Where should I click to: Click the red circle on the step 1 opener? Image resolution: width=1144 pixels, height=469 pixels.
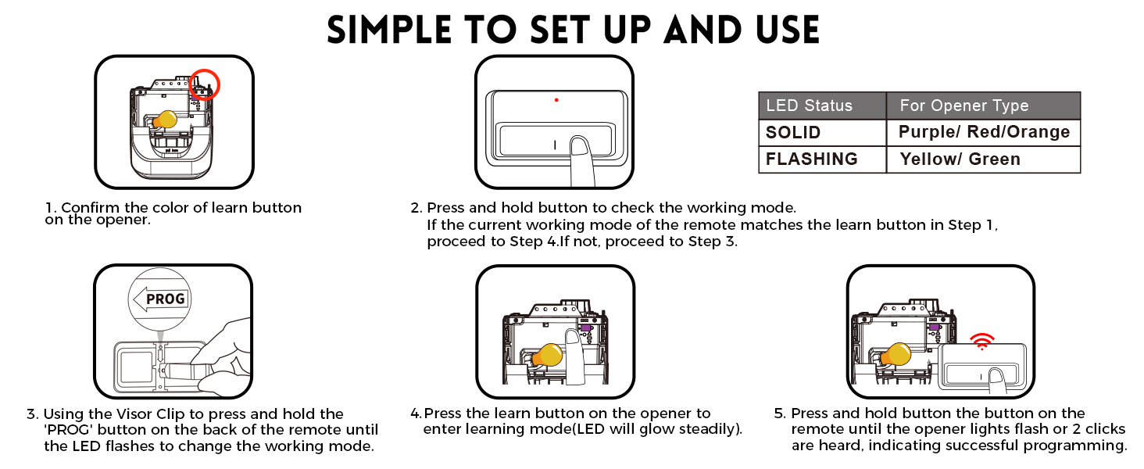205,84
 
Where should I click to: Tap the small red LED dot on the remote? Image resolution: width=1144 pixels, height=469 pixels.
556,100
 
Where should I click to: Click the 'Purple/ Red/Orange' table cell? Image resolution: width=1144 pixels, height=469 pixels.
983,132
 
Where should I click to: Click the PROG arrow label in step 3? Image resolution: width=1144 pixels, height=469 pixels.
160,299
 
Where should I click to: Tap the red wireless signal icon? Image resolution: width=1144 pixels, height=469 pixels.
982,341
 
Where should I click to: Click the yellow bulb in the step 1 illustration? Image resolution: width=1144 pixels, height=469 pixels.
165,119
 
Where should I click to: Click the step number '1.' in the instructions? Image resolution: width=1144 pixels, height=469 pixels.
51,208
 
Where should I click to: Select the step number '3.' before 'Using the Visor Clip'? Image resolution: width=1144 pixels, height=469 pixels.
32,414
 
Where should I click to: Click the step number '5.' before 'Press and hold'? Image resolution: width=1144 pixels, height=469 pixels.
780,414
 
